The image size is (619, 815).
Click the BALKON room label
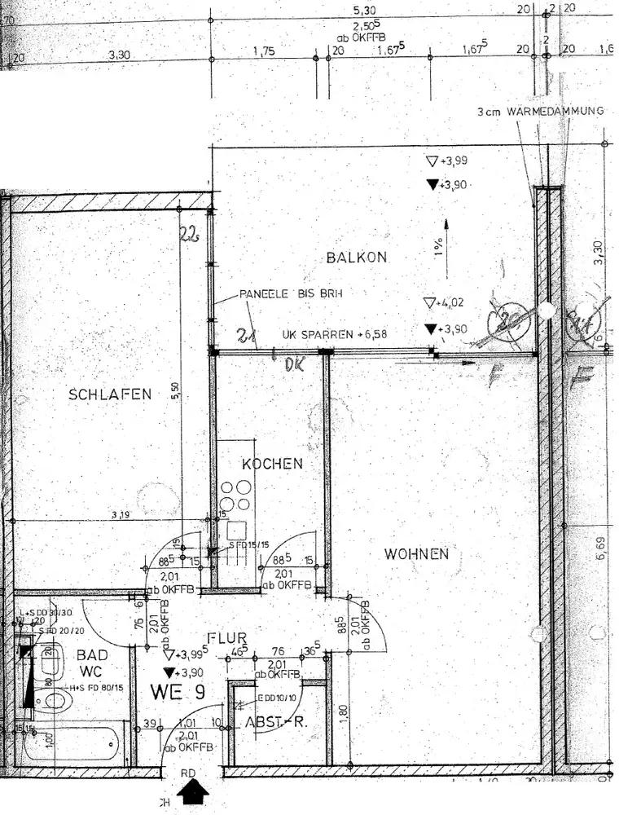click(356, 258)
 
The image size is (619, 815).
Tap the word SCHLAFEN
click(110, 394)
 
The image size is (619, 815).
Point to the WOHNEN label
click(417, 553)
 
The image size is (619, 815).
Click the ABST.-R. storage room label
click(274, 723)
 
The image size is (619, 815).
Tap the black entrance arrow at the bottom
click(194, 791)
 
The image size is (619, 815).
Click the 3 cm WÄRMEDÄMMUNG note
click(541, 112)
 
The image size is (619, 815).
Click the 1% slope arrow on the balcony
click(445, 241)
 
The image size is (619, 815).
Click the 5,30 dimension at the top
click(364, 11)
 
